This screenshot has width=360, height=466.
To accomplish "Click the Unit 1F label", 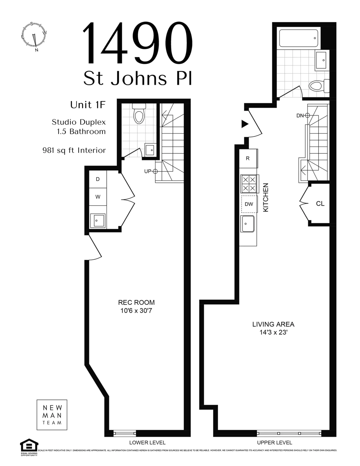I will pyautogui.click(x=88, y=105).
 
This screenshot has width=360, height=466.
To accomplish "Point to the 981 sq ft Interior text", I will pyautogui.click(x=74, y=150).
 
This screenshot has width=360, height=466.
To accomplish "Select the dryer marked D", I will pyautogui.click(x=97, y=179).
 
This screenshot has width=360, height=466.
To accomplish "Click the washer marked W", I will pyautogui.click(x=97, y=197).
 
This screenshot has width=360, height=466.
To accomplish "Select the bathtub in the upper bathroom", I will pyautogui.click(x=298, y=38).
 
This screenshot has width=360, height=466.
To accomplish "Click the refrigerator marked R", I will pyautogui.click(x=248, y=158).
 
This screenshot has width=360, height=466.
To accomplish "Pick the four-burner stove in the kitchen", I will pyautogui.click(x=249, y=184).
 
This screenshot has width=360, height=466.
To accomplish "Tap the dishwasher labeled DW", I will pyautogui.click(x=249, y=204).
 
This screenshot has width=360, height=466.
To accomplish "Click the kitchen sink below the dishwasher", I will pyautogui.click(x=248, y=224).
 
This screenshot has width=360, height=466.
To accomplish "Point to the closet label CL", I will pyautogui.click(x=320, y=204).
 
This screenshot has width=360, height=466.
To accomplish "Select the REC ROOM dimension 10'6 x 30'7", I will pyautogui.click(x=136, y=311).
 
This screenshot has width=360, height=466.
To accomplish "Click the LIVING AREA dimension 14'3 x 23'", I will pyautogui.click(x=273, y=332).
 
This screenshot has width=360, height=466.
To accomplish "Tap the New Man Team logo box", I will pyautogui.click(x=52, y=415).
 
